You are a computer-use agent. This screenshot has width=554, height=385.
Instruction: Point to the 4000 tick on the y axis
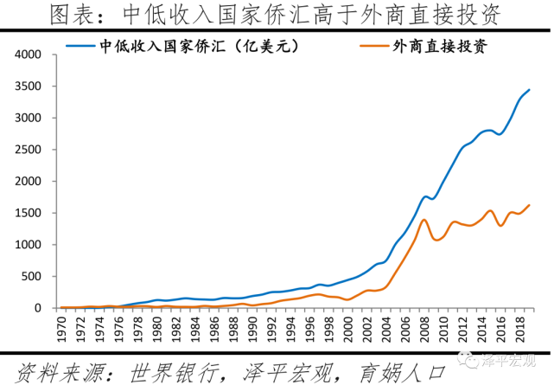click(29, 55)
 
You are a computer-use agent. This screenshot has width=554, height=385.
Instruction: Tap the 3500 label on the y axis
click(29, 87)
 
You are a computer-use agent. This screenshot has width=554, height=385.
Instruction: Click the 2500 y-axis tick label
click(29, 150)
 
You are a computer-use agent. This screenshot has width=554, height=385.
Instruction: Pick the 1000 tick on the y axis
click(29, 245)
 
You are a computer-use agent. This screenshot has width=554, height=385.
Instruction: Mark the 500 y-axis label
click(32, 277)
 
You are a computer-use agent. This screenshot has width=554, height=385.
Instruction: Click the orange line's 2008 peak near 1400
click(423, 220)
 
